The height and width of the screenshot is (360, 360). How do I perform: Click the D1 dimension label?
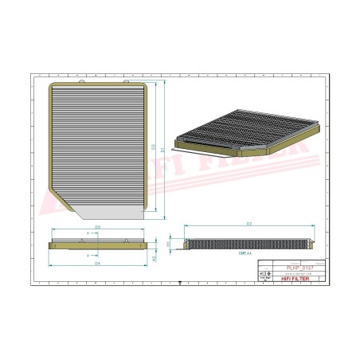[x=163, y=148]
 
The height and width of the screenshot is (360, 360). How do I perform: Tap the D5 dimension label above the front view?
[x=97, y=228]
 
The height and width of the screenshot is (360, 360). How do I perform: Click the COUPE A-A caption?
[x=195, y=253]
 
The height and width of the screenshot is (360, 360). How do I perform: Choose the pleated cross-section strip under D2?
[x=249, y=243]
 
